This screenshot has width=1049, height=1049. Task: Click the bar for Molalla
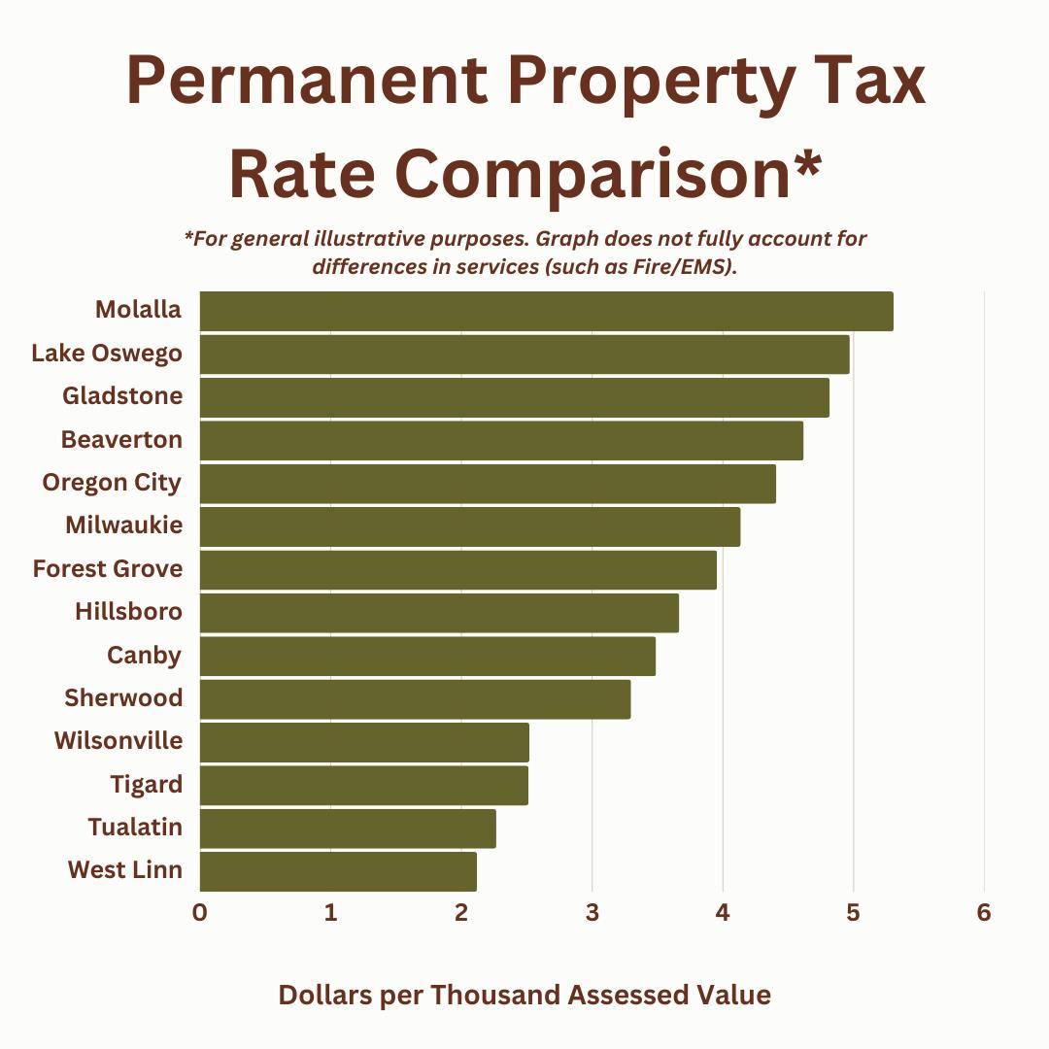(546, 311)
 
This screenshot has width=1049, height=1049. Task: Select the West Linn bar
(338, 871)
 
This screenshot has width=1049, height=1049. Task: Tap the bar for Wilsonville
(364, 742)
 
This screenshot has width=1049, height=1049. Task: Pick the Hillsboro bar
(439, 613)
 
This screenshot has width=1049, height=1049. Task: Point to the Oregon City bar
(488, 484)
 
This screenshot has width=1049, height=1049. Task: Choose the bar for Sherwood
(415, 699)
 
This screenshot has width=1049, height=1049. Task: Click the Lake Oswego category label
(107, 354)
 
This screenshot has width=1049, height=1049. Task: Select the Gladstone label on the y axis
(122, 396)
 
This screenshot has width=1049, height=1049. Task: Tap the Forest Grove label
(108, 568)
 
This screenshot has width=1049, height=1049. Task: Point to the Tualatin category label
(135, 828)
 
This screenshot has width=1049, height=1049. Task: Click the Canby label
(144, 656)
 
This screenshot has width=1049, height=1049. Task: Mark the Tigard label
(147, 784)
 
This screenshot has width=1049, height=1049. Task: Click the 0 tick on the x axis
(200, 913)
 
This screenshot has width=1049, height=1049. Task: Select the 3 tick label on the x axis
(592, 913)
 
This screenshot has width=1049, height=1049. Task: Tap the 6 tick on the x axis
(984, 913)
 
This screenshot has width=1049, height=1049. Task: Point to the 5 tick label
(854, 913)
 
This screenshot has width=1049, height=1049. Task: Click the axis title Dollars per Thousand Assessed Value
(524, 996)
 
